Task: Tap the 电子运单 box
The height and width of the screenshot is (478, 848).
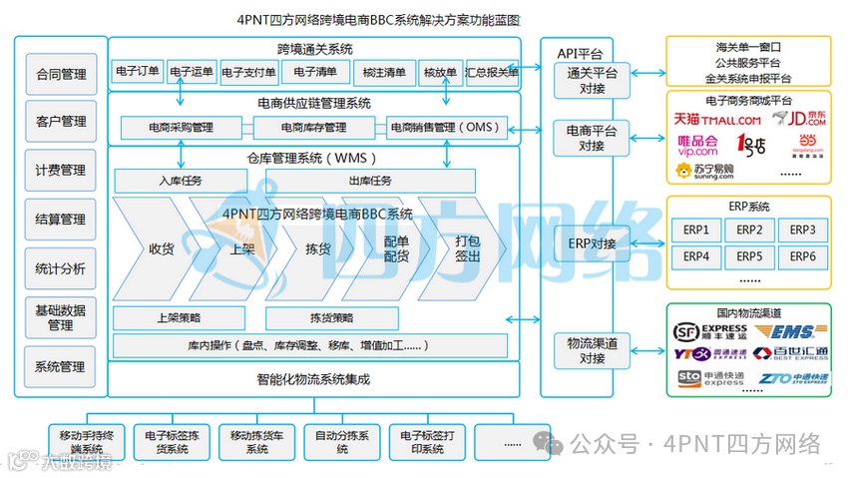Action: pos(192,72)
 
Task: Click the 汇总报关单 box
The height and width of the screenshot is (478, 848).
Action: pos(492,72)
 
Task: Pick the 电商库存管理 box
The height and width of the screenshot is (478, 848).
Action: pos(314,128)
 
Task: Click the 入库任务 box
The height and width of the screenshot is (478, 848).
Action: pos(180,181)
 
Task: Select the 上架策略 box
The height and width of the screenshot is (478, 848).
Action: pos(180,318)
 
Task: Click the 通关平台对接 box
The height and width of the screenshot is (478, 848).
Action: pos(592,80)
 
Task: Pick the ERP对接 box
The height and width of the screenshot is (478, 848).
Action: pos(592,243)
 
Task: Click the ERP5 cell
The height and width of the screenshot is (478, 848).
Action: pos(749,256)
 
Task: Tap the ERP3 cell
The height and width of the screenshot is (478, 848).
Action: pos(802,231)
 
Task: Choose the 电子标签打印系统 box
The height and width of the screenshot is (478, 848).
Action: pos(424,442)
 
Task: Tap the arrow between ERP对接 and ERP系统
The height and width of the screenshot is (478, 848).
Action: pos(648,243)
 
